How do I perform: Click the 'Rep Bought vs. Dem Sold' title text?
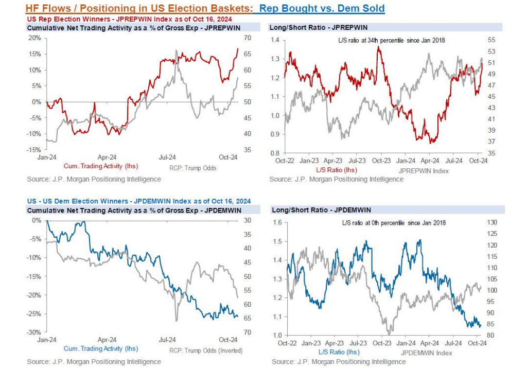coord(322,9)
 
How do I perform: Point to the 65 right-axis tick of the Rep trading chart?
coord(247,54)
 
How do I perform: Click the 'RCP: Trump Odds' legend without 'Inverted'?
coord(192,168)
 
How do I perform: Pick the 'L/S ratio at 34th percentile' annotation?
coord(388,40)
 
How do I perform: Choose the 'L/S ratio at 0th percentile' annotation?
coord(394,223)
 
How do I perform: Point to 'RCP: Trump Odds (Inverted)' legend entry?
coord(205,350)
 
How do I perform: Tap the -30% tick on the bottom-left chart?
coord(34,332)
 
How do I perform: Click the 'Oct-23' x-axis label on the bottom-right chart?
coord(381,343)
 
